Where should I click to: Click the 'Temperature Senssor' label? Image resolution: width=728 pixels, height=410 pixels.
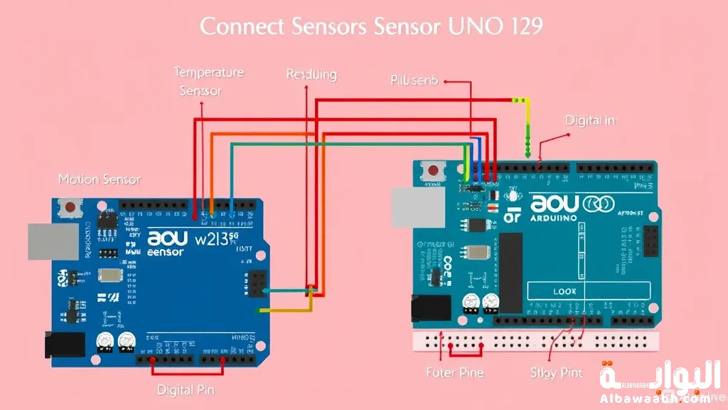[208, 81]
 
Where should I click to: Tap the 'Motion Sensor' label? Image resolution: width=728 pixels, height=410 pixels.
[100, 180]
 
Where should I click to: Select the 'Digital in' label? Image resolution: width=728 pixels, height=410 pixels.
[589, 120]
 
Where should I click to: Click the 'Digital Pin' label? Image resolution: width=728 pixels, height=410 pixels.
[186, 389]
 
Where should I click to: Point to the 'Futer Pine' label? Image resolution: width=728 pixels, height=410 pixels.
[455, 372]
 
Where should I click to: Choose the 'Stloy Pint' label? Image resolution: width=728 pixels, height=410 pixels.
[557, 372]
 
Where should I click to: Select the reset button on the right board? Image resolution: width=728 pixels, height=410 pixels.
[431, 171]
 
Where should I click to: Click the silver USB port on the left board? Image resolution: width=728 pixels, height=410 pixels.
[53, 242]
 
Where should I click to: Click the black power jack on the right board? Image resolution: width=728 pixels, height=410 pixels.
[430, 308]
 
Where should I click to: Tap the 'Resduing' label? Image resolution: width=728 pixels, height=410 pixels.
[311, 75]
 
